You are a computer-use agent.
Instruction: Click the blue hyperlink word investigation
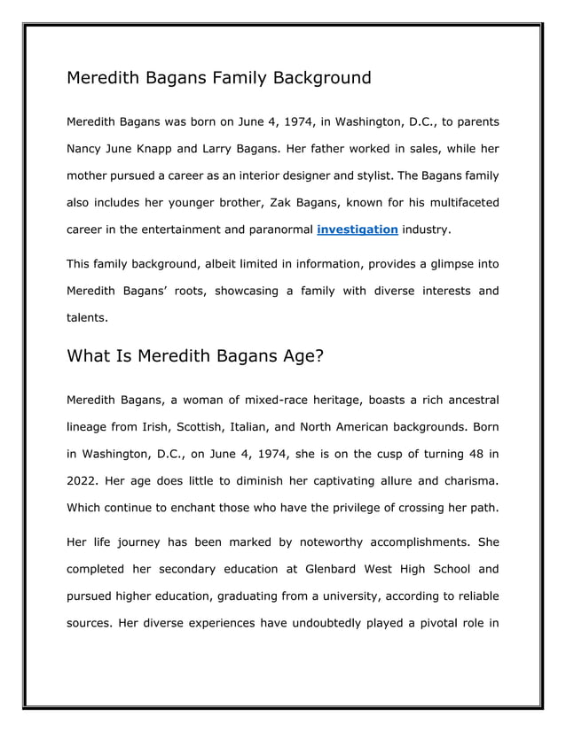point(357,230)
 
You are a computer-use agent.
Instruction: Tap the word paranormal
point(277,230)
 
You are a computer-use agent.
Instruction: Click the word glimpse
point(422,263)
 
